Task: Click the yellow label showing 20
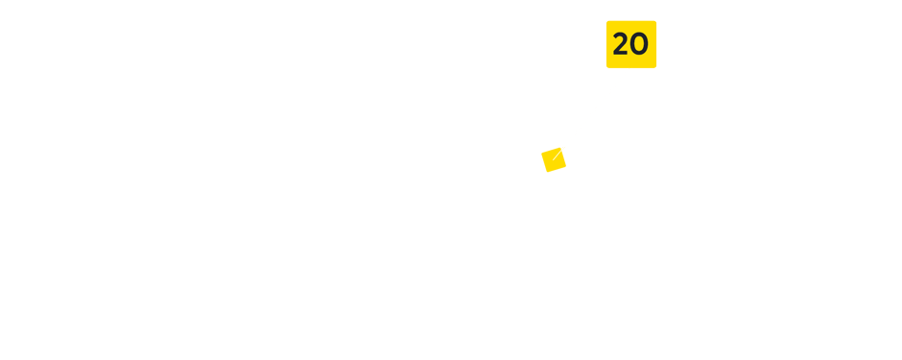click(x=630, y=44)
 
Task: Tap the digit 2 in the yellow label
click(x=621, y=44)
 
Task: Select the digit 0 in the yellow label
click(x=640, y=44)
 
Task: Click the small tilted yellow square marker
click(x=554, y=159)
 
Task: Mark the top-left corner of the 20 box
click(x=606, y=21)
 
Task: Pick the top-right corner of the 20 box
click(x=656, y=21)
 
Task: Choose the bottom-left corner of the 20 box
click(x=606, y=68)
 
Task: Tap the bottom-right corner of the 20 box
click(x=656, y=68)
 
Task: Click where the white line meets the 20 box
click(x=629, y=68)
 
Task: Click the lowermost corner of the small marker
click(x=549, y=173)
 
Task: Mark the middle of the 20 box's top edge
click(x=631, y=21)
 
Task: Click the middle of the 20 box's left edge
click(x=606, y=44)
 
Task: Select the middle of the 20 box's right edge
click(x=656, y=44)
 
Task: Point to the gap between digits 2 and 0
click(x=630, y=44)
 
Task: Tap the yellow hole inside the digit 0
click(x=640, y=44)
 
